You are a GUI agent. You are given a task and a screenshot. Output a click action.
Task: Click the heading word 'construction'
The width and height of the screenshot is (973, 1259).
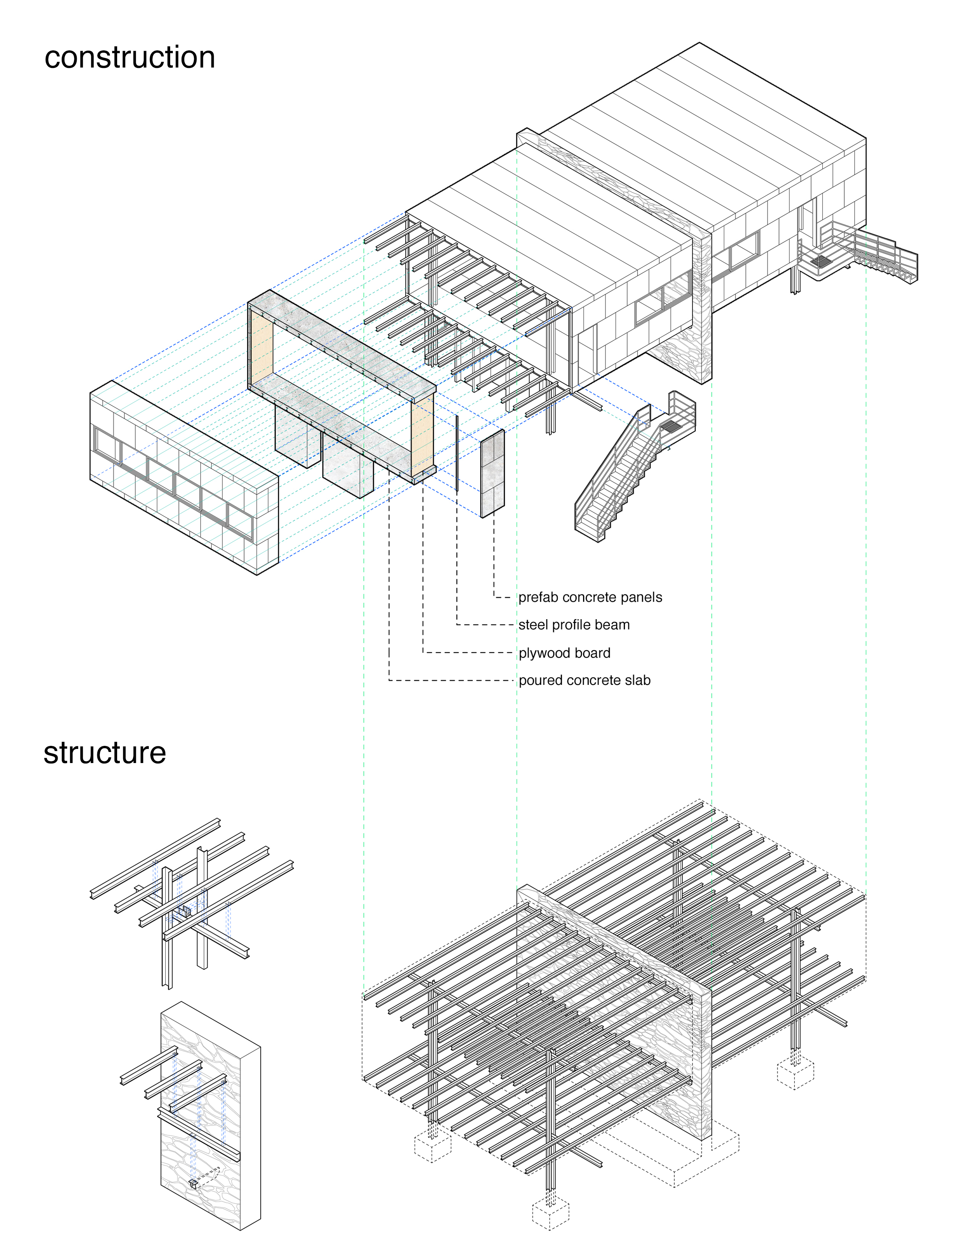130,58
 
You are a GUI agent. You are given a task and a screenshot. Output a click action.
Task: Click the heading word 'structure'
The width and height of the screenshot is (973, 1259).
105,753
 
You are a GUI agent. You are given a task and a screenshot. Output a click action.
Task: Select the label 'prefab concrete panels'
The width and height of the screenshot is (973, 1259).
590,597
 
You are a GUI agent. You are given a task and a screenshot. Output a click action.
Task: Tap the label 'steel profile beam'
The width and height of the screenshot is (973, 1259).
574,625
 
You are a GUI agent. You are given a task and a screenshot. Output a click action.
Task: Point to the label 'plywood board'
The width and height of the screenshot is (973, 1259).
564,653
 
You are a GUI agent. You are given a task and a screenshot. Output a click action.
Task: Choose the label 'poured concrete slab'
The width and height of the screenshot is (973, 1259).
585,680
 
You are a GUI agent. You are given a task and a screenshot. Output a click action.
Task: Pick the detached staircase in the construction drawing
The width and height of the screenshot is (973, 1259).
634,467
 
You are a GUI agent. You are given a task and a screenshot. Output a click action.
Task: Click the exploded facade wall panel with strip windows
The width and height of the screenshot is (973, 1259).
184,477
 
